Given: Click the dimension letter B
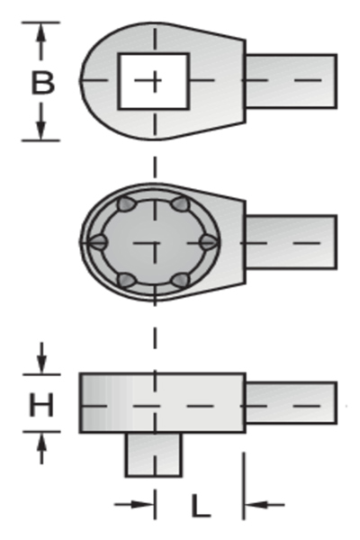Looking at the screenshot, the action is [42, 82].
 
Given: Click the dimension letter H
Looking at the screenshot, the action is [41, 404].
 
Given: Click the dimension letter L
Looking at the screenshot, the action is [201, 505].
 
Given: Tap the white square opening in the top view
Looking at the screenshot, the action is [154, 81].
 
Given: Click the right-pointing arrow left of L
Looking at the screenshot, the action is [134, 505].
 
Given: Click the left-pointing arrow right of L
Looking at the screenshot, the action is [265, 505].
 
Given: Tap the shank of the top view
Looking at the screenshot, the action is [291, 81].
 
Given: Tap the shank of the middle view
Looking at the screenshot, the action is [291, 242].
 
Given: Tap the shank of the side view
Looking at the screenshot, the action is [291, 403].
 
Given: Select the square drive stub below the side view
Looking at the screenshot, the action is [153, 454].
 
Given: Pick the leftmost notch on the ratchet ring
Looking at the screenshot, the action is [97, 241].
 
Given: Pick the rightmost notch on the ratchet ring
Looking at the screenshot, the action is [209, 241].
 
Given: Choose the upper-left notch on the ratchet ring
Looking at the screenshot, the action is [125, 204].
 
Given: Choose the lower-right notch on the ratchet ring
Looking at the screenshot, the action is [181, 280].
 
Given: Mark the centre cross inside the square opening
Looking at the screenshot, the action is [155, 81].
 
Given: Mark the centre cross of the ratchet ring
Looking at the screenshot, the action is [155, 243].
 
